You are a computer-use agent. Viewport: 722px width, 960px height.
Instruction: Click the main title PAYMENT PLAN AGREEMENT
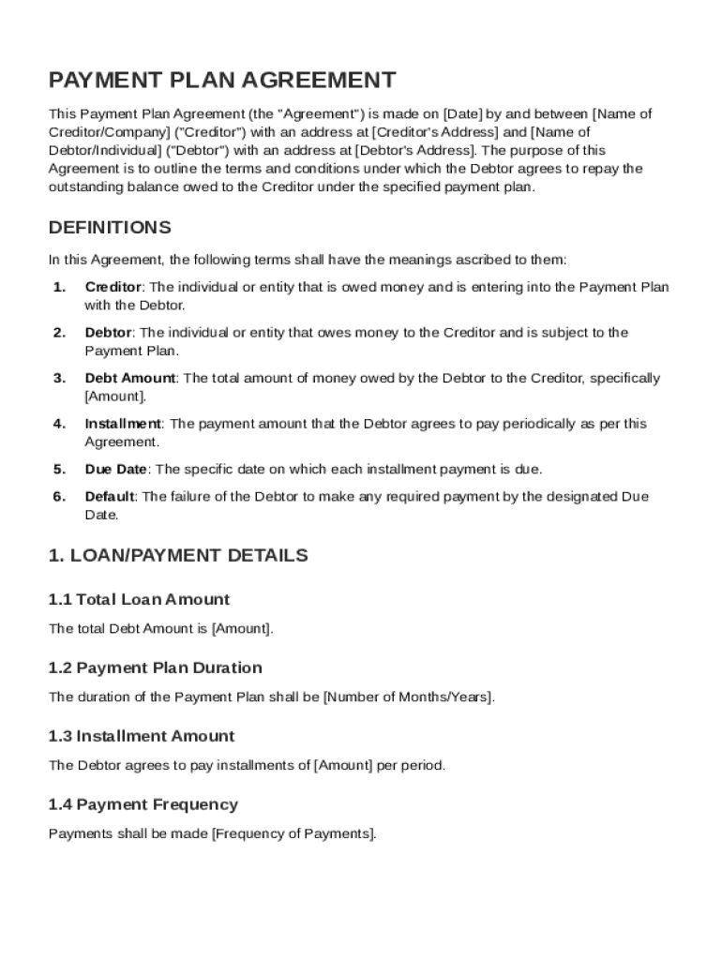pyautogui.click(x=222, y=80)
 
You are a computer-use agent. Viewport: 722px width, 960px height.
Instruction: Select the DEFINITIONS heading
pyautogui.click(x=110, y=228)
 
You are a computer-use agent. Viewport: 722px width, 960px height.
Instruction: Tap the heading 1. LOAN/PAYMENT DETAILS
pyautogui.click(x=178, y=555)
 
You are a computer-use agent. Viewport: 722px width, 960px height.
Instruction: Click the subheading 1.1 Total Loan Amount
pyautogui.click(x=139, y=599)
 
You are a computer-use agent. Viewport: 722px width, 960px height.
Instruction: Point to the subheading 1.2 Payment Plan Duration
pyautogui.click(x=155, y=667)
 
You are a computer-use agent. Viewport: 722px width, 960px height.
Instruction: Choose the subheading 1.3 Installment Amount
pyautogui.click(x=142, y=736)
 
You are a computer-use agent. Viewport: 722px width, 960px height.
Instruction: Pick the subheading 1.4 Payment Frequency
pyautogui.click(x=143, y=804)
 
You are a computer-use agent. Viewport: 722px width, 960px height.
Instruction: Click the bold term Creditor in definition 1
pyautogui.click(x=113, y=287)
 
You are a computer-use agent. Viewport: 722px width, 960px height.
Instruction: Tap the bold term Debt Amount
pyautogui.click(x=129, y=378)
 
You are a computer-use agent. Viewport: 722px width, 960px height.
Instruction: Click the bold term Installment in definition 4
pyautogui.click(x=123, y=424)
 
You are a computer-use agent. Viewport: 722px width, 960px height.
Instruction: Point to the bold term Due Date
pyautogui.click(x=116, y=469)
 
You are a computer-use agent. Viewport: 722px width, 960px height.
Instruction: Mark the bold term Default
pyautogui.click(x=110, y=497)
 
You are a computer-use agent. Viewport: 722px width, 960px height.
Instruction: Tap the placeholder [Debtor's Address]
pyautogui.click(x=415, y=151)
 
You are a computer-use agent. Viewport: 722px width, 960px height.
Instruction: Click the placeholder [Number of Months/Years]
pyautogui.click(x=408, y=697)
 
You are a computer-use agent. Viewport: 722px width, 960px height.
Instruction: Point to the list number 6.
pyautogui.click(x=59, y=497)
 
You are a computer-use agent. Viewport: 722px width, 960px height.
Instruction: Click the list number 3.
pyautogui.click(x=59, y=378)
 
